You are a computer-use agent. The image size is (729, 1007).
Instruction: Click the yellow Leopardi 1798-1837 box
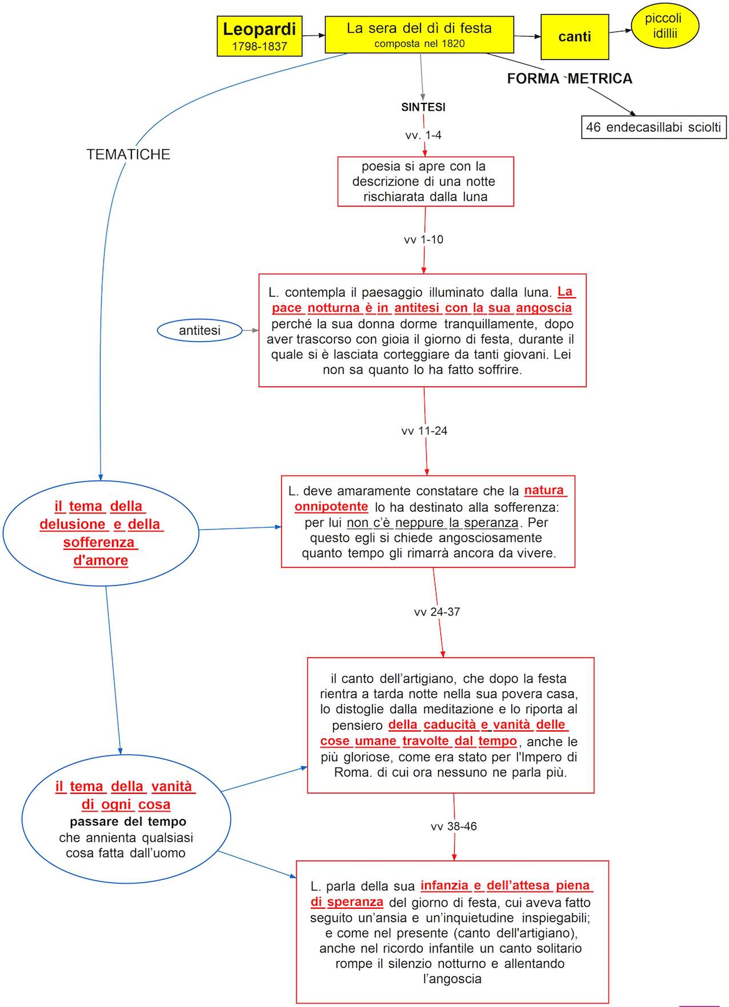(259, 36)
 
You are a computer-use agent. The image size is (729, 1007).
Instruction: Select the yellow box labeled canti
(574, 37)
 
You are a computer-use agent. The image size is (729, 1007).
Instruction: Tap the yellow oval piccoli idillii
(664, 26)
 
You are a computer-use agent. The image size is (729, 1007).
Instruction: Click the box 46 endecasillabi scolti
(654, 127)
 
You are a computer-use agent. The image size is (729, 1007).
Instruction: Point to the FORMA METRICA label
(570, 79)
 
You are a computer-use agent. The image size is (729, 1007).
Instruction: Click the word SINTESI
(423, 107)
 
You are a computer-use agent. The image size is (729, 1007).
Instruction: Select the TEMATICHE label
(129, 154)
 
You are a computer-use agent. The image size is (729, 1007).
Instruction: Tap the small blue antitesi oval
(199, 330)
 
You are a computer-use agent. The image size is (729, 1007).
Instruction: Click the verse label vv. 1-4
(423, 135)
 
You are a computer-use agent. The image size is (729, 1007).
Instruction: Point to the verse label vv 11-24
(424, 431)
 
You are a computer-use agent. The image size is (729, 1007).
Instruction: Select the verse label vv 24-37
(437, 612)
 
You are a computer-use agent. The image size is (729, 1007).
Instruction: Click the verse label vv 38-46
(454, 826)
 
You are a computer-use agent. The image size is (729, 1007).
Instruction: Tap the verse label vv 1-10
(423, 239)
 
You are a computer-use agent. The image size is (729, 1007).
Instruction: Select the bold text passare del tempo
(128, 822)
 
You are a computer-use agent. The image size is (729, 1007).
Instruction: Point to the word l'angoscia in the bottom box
(452, 978)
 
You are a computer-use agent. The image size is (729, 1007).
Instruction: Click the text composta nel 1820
(419, 43)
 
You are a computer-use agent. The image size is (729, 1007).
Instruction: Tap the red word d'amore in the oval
(101, 560)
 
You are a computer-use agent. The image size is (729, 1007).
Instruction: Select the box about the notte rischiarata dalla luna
(425, 182)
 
